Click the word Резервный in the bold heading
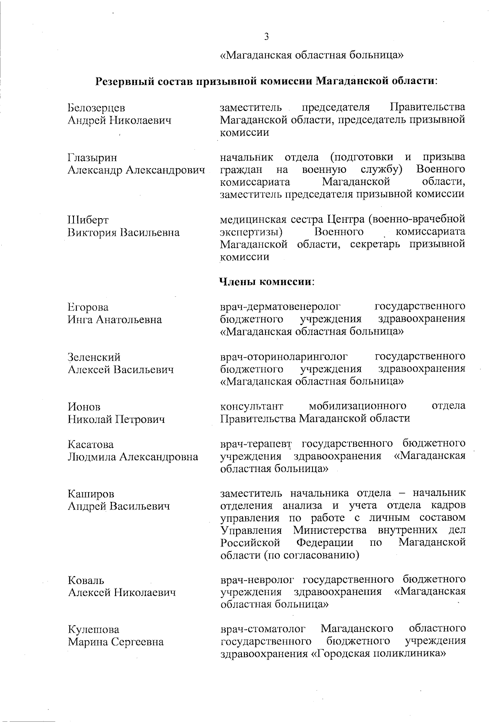pos(122,81)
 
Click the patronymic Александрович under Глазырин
pos(165,170)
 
